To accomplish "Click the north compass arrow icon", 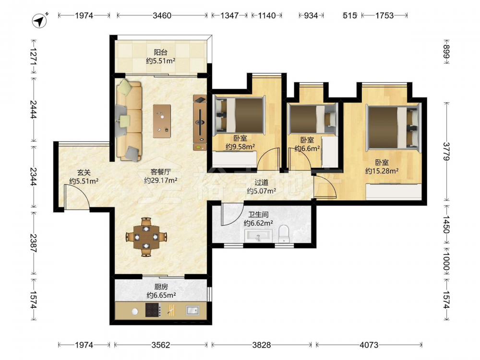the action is [x=39, y=21].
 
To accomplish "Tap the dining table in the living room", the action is [x=146, y=237].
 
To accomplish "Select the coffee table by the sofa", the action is [x=162, y=121].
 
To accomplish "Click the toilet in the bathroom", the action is [x=284, y=234].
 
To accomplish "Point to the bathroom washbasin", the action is [x=258, y=236].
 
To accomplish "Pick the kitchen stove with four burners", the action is [x=153, y=310].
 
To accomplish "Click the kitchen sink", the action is [x=192, y=310].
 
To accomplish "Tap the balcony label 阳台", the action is [x=160, y=52].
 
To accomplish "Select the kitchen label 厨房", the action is [x=161, y=287].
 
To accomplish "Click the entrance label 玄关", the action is [x=84, y=173].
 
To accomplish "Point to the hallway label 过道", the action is [x=262, y=183].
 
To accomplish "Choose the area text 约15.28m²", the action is [x=382, y=171].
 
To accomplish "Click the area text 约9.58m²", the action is [x=240, y=146].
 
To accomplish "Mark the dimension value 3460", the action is [x=162, y=15].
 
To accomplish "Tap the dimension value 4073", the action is [x=369, y=345].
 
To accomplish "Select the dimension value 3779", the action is [x=446, y=152].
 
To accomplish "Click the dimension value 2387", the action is [x=33, y=243].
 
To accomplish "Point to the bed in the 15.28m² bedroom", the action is [x=394, y=128].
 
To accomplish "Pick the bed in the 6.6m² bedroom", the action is [x=312, y=120].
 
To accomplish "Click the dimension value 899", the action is [x=446, y=52].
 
